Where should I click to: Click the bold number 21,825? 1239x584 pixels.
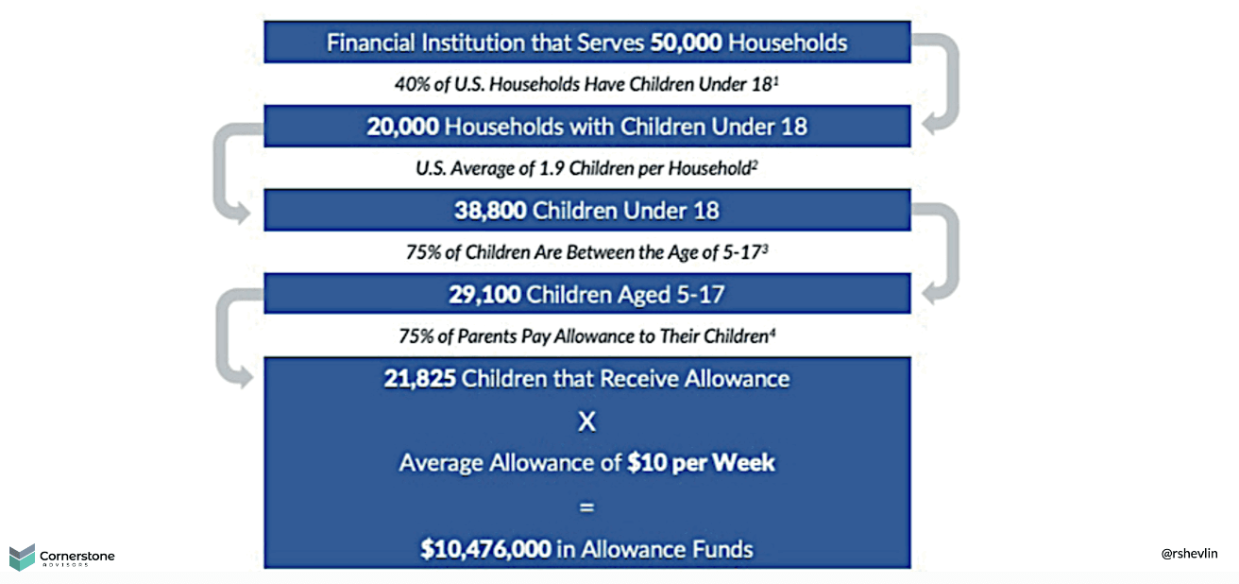coord(419,379)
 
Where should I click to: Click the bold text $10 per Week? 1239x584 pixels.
coord(701,463)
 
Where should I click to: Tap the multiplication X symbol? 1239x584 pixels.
coord(586,421)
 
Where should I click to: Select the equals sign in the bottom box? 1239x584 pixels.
coord(586,506)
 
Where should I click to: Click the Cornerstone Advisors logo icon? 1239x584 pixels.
coord(22,558)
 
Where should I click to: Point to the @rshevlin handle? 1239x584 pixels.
coord(1189,554)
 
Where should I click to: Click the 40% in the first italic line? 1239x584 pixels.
coord(411,83)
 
